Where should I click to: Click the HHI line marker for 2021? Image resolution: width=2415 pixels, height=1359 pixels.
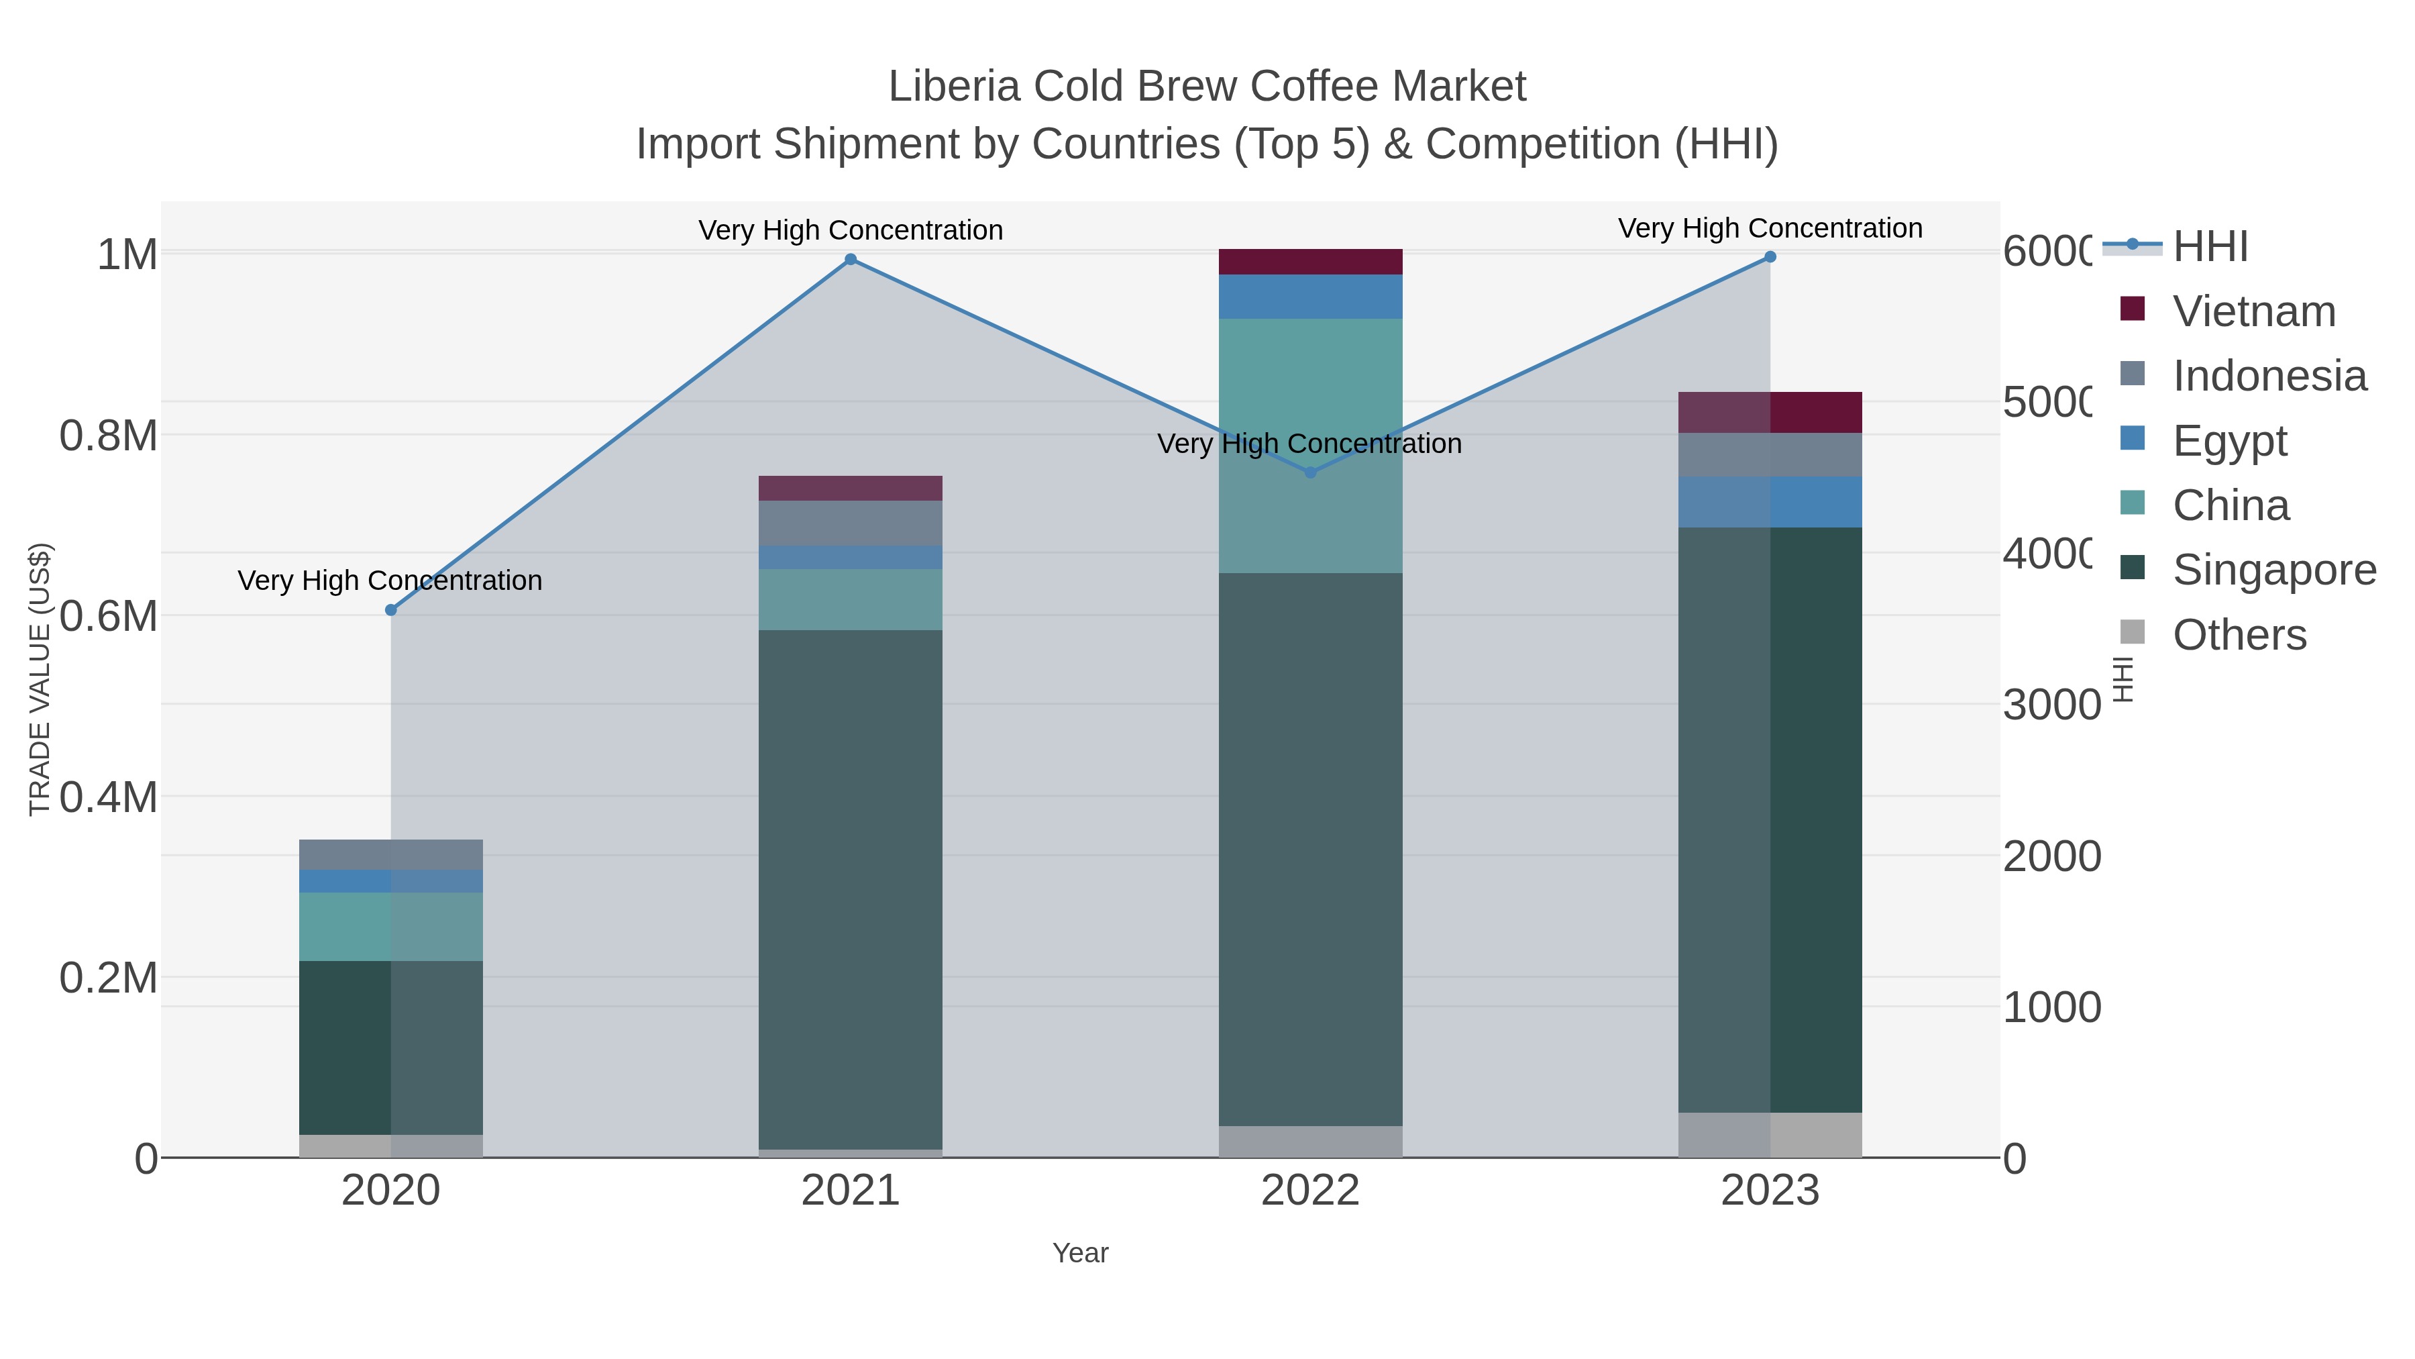(851, 260)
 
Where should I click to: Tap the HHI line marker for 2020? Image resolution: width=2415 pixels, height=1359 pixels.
(391, 611)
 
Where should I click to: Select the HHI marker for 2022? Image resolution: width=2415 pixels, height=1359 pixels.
(1311, 472)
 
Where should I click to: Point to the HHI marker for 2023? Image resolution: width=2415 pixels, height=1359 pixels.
(1770, 257)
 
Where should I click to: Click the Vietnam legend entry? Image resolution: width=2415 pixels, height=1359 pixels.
(2254, 311)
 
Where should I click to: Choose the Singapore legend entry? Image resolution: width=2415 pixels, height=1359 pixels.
(2273, 570)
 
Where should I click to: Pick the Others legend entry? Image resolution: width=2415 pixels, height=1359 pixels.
(2239, 635)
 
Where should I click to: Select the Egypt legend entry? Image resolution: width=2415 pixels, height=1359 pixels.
(2229, 441)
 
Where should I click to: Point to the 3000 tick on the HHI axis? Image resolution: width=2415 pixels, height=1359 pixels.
(2051, 705)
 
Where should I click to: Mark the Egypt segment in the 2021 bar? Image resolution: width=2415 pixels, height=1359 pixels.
(851, 557)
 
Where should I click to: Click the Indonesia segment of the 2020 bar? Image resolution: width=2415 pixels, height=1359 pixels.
(391, 854)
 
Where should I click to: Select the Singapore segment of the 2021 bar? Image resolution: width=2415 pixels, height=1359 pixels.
(851, 889)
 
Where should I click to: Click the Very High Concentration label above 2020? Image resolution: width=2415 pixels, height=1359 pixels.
(390, 581)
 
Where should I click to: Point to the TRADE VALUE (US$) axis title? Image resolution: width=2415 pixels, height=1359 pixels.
(40, 679)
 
